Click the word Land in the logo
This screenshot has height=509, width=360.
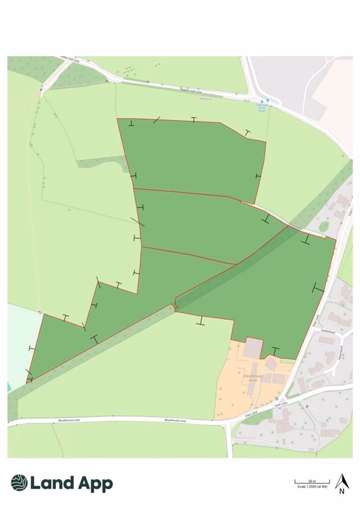pos(52,484)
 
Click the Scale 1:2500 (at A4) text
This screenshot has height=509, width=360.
pos(312,487)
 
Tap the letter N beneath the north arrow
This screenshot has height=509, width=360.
pos(342,491)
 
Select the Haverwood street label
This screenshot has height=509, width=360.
pos(329,330)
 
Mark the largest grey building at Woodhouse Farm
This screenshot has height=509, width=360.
pos(252,348)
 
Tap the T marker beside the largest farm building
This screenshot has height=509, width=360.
pos(275,350)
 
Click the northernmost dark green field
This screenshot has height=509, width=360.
pos(191,156)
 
